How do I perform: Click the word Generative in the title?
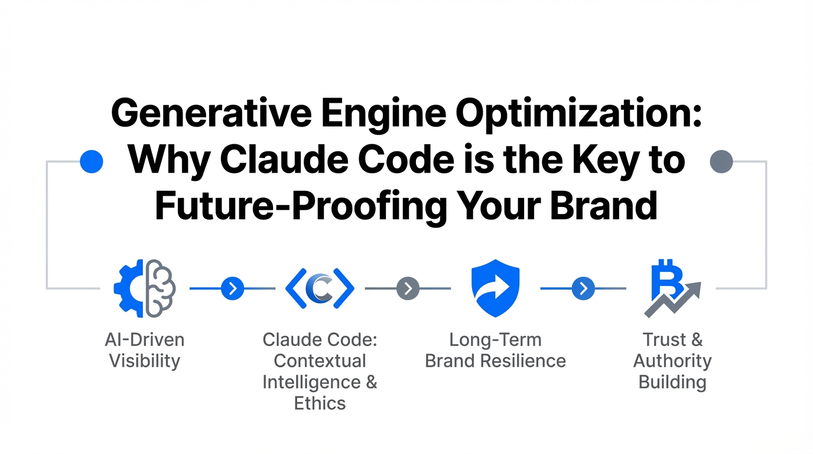(212, 113)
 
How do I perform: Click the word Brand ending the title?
(604, 205)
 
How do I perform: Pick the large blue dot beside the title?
(92, 161)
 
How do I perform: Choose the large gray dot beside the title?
(721, 161)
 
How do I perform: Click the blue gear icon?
(128, 288)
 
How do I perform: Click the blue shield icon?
(495, 288)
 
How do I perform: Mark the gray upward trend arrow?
(674, 300)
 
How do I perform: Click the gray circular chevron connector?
(408, 288)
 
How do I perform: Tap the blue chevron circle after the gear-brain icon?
(232, 288)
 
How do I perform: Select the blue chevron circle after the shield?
(583, 288)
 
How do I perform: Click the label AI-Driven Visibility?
(145, 351)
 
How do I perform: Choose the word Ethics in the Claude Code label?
(320, 403)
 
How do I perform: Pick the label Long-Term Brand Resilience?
(495, 351)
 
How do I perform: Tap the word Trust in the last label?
(665, 340)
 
